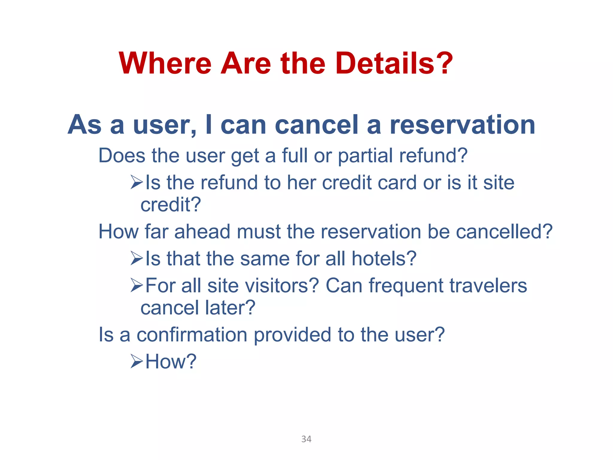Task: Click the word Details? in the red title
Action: click(394, 63)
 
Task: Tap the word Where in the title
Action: click(165, 63)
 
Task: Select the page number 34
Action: click(306, 439)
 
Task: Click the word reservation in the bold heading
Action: click(462, 125)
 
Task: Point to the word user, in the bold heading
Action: click(165, 125)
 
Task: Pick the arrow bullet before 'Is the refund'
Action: click(137, 182)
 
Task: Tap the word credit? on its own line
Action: click(171, 205)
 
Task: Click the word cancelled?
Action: click(504, 232)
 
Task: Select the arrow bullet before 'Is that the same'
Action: click(137, 258)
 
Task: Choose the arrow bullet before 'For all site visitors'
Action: click(137, 285)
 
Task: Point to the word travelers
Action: click(488, 286)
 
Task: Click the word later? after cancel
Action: click(230, 308)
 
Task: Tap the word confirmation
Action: click(192, 335)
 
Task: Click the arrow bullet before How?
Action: click(137, 361)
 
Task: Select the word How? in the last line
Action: click(171, 361)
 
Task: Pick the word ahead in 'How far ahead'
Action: click(202, 232)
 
